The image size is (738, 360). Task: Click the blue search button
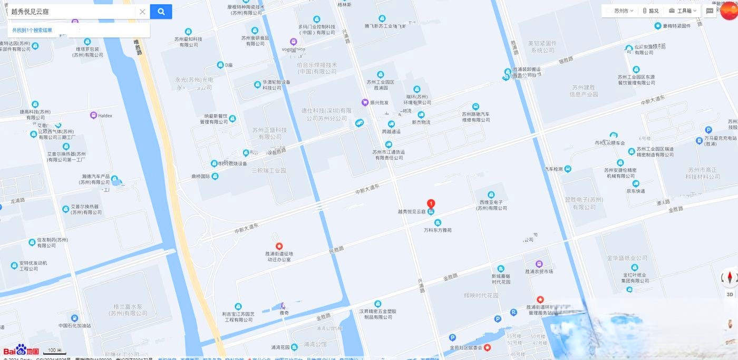coord(161,12)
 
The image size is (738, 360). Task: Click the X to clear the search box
coord(142,12)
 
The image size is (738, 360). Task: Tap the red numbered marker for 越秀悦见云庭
coord(431,203)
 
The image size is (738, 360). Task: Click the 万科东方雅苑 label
coord(438,230)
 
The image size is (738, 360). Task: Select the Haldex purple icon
coord(93,115)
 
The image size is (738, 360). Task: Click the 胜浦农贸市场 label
coord(539,271)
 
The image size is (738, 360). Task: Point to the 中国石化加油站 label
coord(74,326)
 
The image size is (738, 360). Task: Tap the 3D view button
coord(730,294)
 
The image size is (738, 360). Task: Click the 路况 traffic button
coord(650,11)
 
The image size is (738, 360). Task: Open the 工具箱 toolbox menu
coord(683,11)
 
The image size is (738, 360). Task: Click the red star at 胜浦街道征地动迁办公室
coord(279,246)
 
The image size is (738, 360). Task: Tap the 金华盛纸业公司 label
coord(627,258)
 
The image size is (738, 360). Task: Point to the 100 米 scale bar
coord(54,351)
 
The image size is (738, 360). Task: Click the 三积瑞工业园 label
coord(268,171)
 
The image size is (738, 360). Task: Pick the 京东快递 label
coord(636,191)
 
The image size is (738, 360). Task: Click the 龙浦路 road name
coord(18,201)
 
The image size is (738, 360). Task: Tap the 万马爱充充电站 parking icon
coord(708,130)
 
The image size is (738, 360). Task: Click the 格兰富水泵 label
coord(131,310)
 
